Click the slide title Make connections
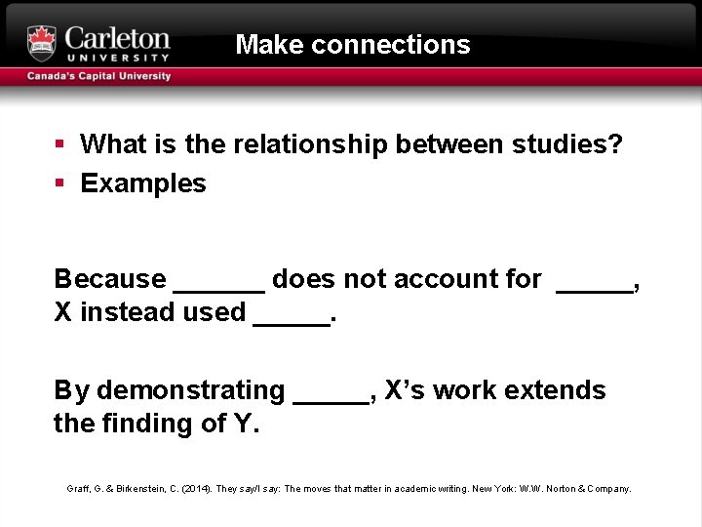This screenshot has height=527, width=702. point(353,45)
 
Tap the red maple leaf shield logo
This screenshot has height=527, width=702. point(42,43)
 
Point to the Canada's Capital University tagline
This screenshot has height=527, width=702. point(98,76)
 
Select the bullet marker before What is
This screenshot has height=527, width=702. point(60,144)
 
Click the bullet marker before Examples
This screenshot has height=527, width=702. point(60,183)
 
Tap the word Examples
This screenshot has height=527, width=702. point(143,183)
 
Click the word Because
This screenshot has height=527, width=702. point(110,279)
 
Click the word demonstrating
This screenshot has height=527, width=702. point(190,390)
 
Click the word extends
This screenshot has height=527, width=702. point(561,390)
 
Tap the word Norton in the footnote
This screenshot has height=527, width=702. point(561,488)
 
